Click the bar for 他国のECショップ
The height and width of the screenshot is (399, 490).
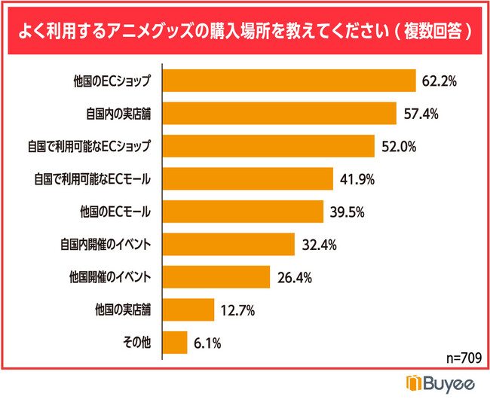point(289,81)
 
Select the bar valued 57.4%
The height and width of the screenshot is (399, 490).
point(280,114)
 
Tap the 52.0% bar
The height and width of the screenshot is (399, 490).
point(269,146)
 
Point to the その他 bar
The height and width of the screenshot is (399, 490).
point(175,343)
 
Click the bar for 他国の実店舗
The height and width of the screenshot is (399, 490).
point(188,309)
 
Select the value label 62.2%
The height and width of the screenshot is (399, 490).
point(440,81)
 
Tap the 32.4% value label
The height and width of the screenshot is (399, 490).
point(318,245)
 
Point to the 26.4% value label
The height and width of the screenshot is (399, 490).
point(294,277)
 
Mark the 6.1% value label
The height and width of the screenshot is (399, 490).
point(207,343)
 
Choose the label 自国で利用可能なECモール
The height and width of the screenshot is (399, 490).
point(93,179)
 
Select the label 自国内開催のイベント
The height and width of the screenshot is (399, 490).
point(106,245)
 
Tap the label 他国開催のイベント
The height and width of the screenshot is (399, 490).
point(110,277)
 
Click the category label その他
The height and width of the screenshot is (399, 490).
point(136,343)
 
